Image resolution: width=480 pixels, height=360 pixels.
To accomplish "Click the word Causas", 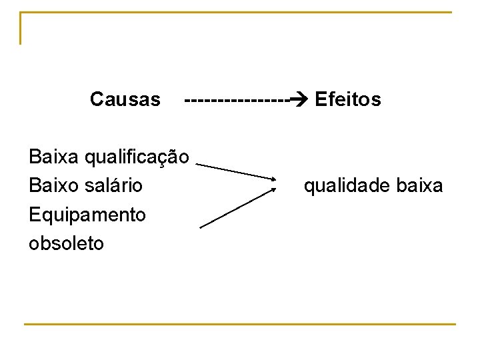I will click(125, 100).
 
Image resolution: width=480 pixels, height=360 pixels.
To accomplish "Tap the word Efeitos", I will click(348, 100).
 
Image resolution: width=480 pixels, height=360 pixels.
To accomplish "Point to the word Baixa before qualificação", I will click(54, 157).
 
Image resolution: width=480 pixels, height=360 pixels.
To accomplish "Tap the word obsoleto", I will click(67, 243).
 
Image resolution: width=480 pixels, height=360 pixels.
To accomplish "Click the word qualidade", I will click(347, 185).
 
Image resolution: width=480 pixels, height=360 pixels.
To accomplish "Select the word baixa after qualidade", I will click(419, 185).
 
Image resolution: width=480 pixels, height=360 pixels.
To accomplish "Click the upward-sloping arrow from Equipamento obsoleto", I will click(237, 208).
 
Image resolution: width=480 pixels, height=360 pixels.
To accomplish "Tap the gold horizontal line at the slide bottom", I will click(240, 324).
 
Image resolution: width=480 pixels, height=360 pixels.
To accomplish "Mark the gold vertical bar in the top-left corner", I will click(21, 28).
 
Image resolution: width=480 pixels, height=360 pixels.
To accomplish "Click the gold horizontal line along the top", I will click(237, 12).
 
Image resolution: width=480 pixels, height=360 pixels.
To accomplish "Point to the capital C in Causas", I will click(96, 100).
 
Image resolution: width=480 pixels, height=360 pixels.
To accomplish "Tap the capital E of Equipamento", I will click(35, 215).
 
